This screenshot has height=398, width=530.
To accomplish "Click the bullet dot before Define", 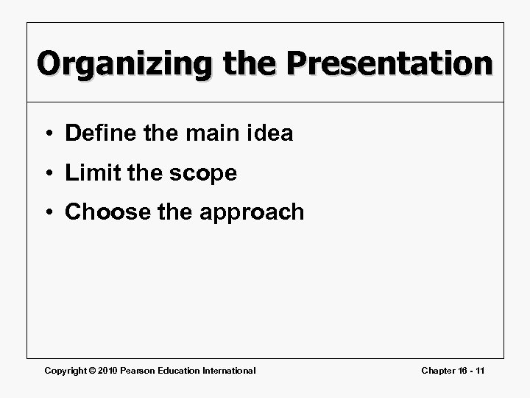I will (x=48, y=134).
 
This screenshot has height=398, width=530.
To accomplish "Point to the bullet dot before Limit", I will (x=48, y=174).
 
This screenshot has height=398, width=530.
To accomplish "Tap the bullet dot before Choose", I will (x=48, y=213).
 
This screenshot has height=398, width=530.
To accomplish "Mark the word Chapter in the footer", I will (x=439, y=370).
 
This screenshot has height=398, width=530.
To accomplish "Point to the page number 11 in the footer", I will (x=479, y=370).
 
